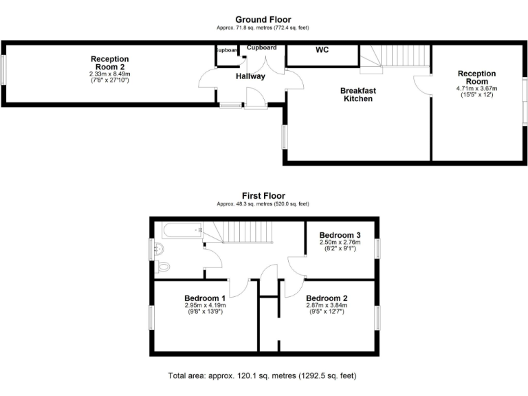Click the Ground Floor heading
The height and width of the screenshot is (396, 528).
pos(263,19)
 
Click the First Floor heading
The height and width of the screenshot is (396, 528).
pos(263,196)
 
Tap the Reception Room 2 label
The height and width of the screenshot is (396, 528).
pos(109,63)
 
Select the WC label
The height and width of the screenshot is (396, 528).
pos(322,50)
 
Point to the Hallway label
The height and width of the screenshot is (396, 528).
pos(250,76)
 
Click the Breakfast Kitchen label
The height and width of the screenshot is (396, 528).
pos(358,95)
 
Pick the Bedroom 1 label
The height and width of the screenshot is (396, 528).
pos(205,298)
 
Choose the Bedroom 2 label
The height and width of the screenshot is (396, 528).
pos(327,298)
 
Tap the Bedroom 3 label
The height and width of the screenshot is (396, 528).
pos(340,235)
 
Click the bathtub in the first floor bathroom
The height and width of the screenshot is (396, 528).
pos(177,231)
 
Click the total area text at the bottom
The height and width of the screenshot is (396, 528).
pos(263,376)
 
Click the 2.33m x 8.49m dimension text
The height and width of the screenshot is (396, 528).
pos(109,74)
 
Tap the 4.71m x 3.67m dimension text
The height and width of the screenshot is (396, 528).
pos(477,89)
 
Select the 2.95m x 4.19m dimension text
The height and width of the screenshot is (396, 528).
pos(205,305)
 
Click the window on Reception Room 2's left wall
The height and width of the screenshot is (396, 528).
pos(3,71)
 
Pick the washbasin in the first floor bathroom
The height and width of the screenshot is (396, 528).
pos(159,248)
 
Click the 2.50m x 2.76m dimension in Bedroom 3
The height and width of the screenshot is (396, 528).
pos(340,243)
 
